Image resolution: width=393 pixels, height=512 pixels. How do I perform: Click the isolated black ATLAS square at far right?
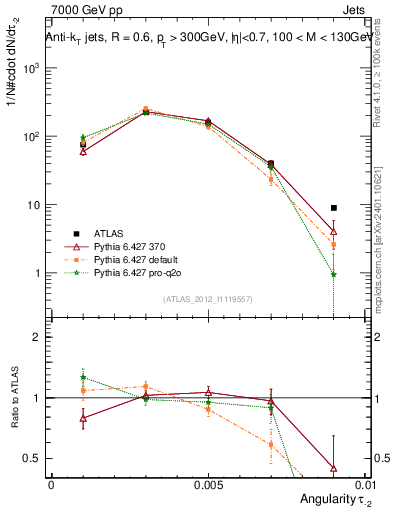(x=333, y=208)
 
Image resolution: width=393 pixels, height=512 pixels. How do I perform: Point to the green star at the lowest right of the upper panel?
(x=333, y=274)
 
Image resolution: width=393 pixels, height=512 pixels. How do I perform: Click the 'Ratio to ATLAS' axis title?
(x=13, y=397)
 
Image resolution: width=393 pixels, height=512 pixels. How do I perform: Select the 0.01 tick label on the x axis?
(x=362, y=484)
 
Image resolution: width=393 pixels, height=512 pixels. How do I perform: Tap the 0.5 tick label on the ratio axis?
(x=32, y=459)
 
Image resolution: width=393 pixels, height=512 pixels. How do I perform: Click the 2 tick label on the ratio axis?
(x=37, y=337)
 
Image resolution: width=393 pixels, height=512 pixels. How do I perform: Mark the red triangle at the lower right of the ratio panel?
(x=333, y=467)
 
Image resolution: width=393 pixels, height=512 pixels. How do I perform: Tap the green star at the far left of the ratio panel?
(x=83, y=378)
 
